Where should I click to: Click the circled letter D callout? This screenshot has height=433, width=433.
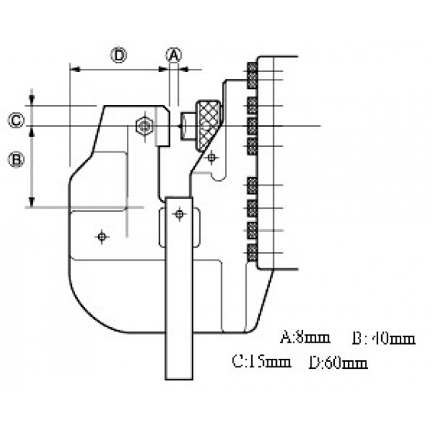tap(119, 56)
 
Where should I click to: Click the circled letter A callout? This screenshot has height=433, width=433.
tap(174, 56)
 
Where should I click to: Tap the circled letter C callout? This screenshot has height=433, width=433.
tap(16, 121)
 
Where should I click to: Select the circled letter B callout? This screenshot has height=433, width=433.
tap(16, 160)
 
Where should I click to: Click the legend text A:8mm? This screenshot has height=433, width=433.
tap(305, 337)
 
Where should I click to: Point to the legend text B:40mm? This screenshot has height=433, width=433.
tap(384, 339)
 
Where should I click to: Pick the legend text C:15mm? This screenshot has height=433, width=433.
tap(261, 362)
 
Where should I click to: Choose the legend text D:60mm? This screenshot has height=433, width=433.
tap(338, 363)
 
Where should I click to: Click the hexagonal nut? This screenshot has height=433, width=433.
tap(145, 126)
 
